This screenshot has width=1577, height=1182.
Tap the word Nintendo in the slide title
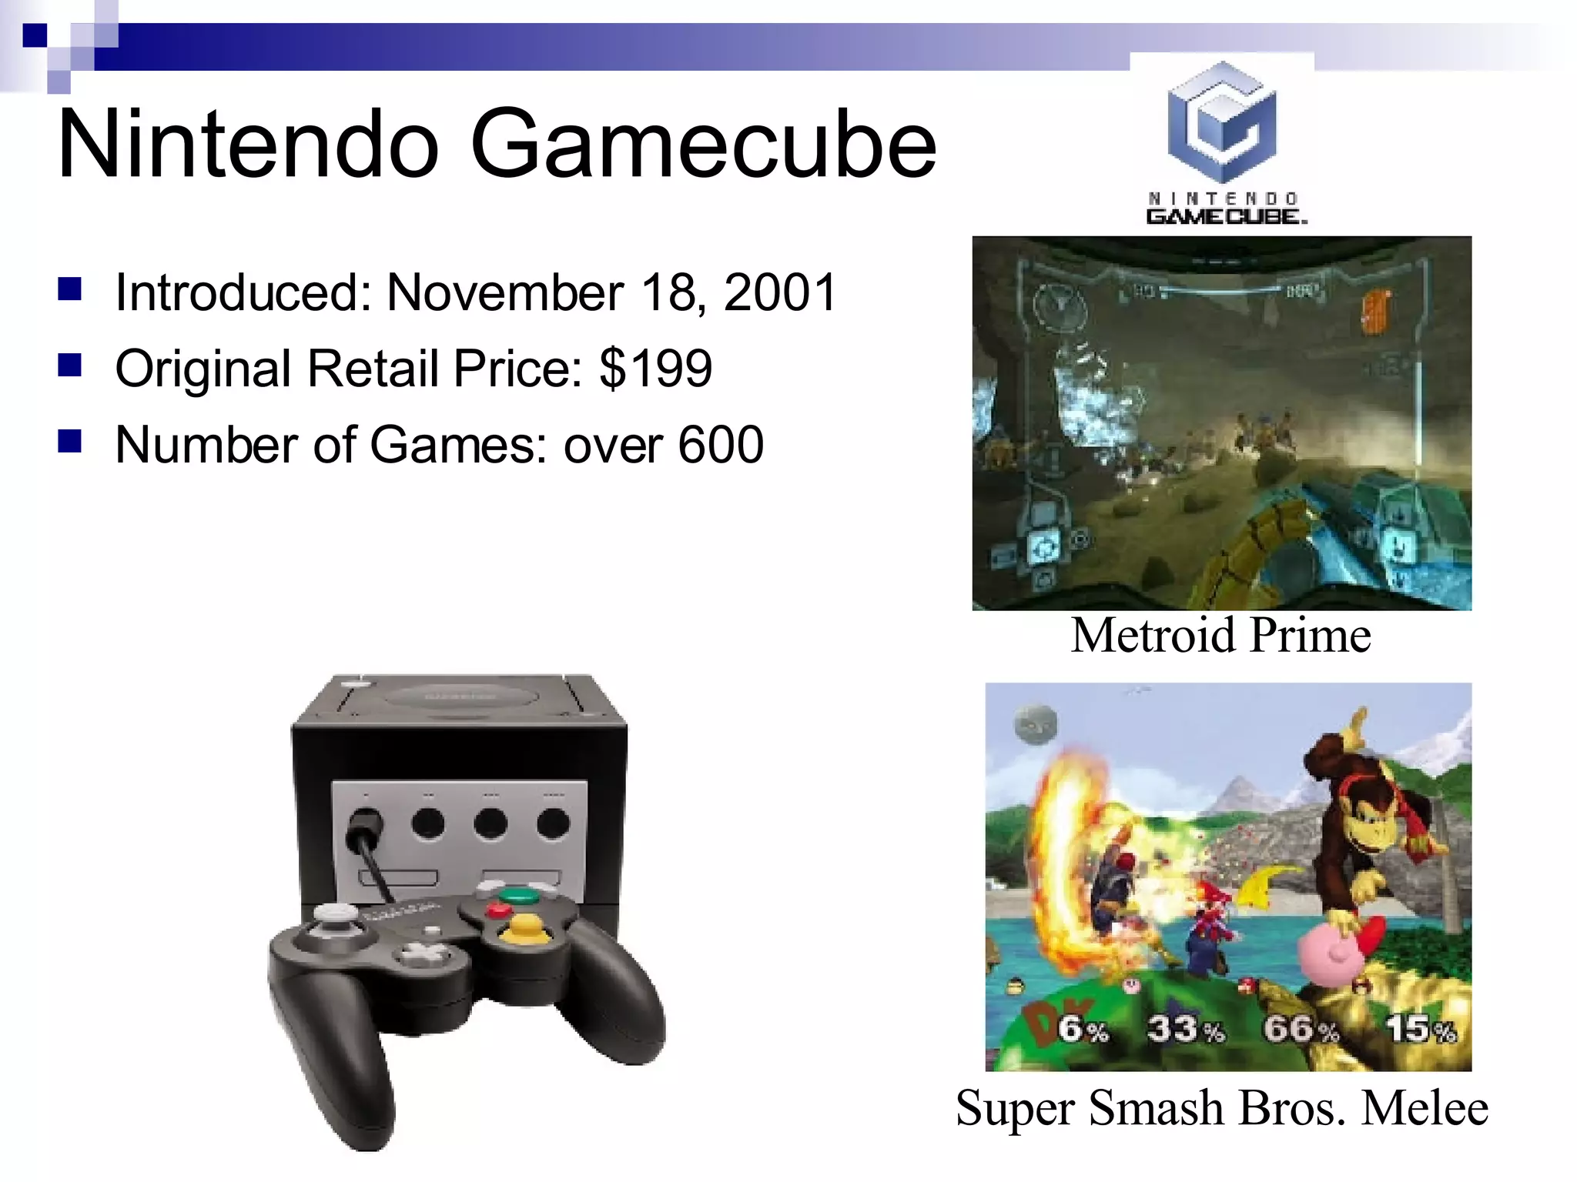pos(248,145)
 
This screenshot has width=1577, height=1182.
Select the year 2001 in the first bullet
pos(780,293)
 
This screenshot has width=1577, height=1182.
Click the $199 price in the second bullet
pos(656,369)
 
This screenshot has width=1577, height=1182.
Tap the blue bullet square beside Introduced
pos(70,289)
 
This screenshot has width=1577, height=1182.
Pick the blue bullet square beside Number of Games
pos(70,442)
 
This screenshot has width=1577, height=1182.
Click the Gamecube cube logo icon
pos(1221,121)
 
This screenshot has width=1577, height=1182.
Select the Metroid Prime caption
pos(1220,636)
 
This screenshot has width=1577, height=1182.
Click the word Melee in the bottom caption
pos(1425,1109)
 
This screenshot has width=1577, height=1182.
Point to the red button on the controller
pos(498,911)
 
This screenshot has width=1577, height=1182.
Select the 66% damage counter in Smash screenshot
pos(1301,1029)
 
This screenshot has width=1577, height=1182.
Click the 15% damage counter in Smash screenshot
pos(1421,1029)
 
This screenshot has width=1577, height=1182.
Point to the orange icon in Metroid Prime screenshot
pos(1375,312)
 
